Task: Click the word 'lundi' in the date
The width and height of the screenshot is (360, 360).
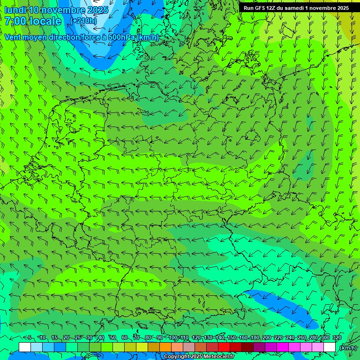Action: (x=15, y=10)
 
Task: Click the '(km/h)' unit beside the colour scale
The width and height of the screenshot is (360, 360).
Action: (x=348, y=348)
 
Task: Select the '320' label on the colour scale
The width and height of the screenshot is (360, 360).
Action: (x=337, y=337)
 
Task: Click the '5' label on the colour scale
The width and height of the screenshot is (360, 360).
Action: (x=30, y=337)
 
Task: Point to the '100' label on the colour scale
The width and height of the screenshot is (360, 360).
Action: (x=173, y=337)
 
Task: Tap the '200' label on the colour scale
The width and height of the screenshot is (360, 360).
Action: (x=267, y=337)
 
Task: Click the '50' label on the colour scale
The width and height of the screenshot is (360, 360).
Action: (x=113, y=337)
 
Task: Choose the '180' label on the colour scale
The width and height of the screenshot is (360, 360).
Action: (x=255, y=337)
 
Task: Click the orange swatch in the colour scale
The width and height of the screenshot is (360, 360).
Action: (x=165, y=347)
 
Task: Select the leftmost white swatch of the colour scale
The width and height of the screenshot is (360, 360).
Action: (x=25, y=347)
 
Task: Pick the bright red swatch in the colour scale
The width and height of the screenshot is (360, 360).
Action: (x=224, y=347)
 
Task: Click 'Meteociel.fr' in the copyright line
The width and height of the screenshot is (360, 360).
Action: (x=219, y=357)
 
